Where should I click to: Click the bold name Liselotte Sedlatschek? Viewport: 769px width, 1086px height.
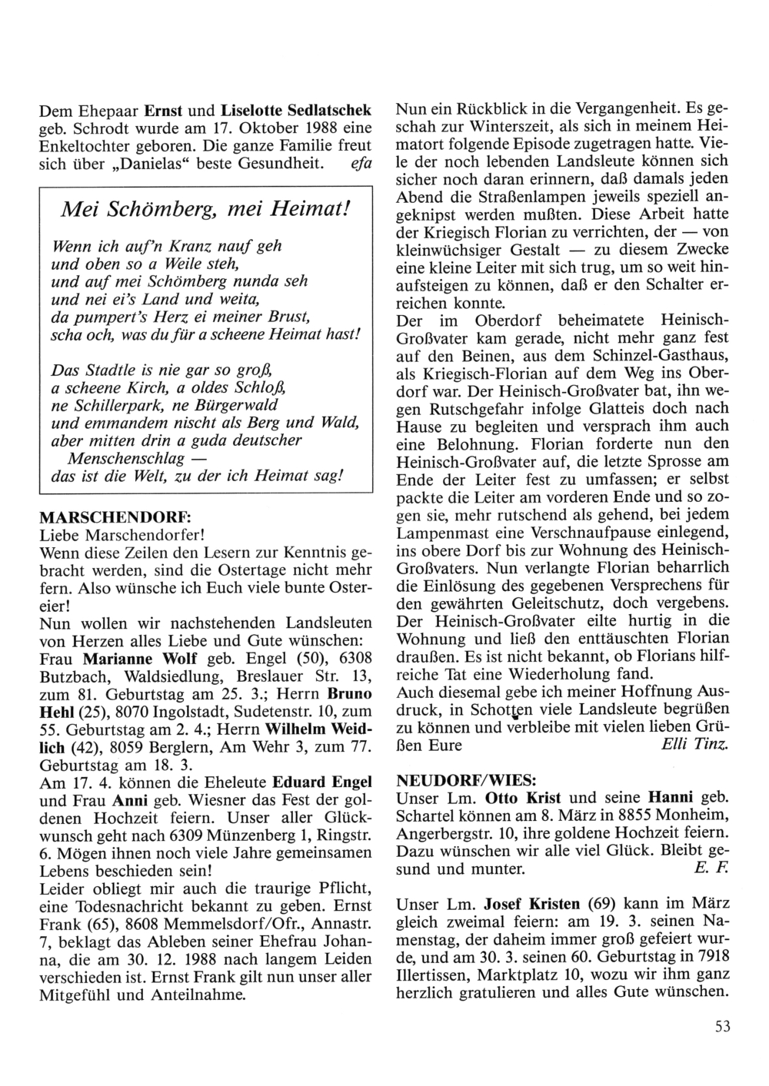[297, 109]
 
